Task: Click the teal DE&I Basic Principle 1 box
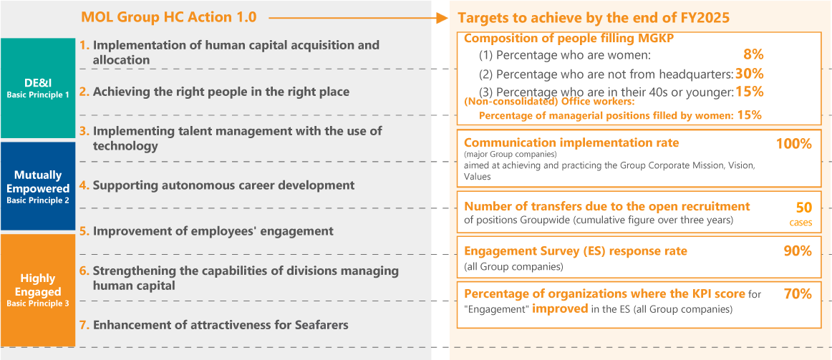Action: [38, 88]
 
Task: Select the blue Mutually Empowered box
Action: [38, 185]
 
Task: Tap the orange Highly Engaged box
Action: [38, 290]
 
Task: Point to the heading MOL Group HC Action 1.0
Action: [169, 17]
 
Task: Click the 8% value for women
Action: [753, 54]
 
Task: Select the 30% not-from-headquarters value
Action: [749, 73]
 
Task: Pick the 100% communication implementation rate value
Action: [794, 144]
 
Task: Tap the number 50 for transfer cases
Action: [804, 208]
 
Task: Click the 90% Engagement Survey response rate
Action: [798, 251]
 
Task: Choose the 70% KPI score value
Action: [798, 293]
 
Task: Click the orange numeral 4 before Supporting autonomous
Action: [84, 185]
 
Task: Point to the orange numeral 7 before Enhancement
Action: [84, 324]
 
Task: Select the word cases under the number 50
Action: [800, 223]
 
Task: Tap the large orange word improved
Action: [561, 308]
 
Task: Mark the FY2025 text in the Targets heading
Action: [704, 17]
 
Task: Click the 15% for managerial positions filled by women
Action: [750, 115]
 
